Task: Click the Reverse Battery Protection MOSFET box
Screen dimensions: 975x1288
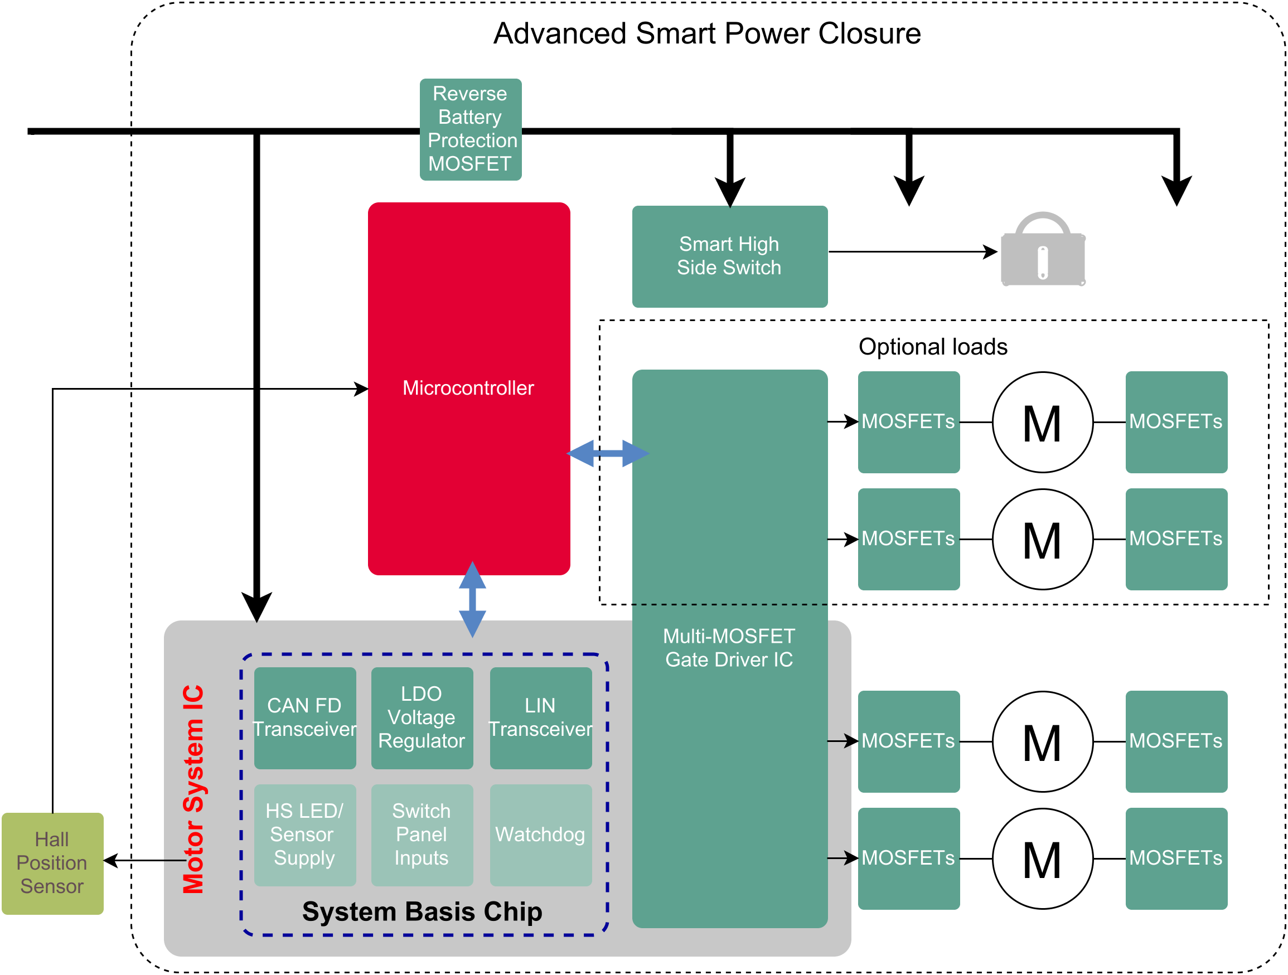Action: click(471, 129)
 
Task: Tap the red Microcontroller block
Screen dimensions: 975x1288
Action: click(469, 388)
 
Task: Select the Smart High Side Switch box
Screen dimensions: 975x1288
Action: click(730, 256)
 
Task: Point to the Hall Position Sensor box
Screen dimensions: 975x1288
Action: click(52, 864)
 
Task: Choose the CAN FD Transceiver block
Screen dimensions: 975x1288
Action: click(305, 717)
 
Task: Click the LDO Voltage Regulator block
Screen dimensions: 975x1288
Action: click(422, 717)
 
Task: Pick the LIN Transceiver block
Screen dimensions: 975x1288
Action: click(541, 717)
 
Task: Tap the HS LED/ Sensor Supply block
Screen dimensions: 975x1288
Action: click(305, 835)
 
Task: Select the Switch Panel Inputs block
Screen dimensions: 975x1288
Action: click(422, 835)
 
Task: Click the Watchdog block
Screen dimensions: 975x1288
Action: click(541, 835)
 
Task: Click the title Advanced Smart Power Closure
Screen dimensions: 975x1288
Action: click(707, 34)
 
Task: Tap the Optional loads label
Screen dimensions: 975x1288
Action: click(933, 347)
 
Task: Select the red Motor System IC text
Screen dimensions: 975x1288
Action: click(193, 789)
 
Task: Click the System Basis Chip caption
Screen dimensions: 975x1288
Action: click(422, 911)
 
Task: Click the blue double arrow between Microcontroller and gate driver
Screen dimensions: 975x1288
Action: click(608, 453)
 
